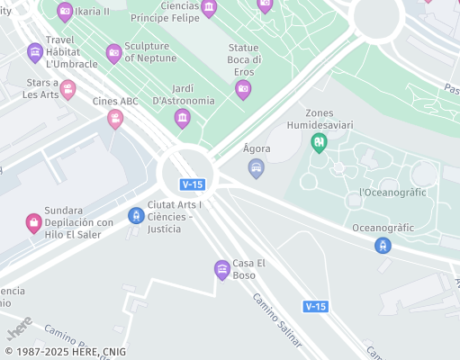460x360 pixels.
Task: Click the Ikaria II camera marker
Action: click(x=65, y=12)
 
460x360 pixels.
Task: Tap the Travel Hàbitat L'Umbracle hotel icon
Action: click(x=35, y=52)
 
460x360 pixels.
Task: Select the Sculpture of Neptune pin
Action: click(x=113, y=53)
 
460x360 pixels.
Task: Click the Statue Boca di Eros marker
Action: click(x=243, y=88)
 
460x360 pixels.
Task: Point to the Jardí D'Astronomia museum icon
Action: click(x=182, y=117)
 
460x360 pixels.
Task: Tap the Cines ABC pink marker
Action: click(x=115, y=118)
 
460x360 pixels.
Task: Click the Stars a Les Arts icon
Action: click(x=68, y=89)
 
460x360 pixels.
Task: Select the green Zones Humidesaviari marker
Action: click(x=318, y=141)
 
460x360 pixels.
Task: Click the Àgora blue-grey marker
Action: click(x=257, y=167)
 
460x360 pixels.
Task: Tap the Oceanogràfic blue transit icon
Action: click(x=383, y=244)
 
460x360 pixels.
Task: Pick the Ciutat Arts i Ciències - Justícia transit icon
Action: click(x=136, y=215)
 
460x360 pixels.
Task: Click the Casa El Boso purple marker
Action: click(x=222, y=268)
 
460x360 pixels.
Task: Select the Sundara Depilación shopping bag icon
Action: click(x=33, y=221)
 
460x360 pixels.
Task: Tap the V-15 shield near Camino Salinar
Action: click(x=315, y=306)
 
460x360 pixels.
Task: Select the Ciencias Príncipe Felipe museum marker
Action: click(x=209, y=9)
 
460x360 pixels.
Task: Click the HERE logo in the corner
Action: click(x=21, y=322)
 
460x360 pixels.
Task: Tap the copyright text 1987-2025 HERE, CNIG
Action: click(x=66, y=352)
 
